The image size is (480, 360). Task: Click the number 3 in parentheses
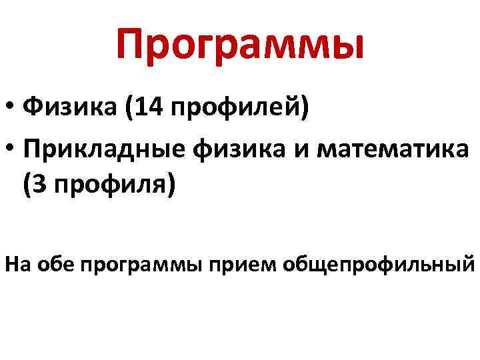coord(39,186)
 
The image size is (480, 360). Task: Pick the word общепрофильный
coord(377,265)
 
